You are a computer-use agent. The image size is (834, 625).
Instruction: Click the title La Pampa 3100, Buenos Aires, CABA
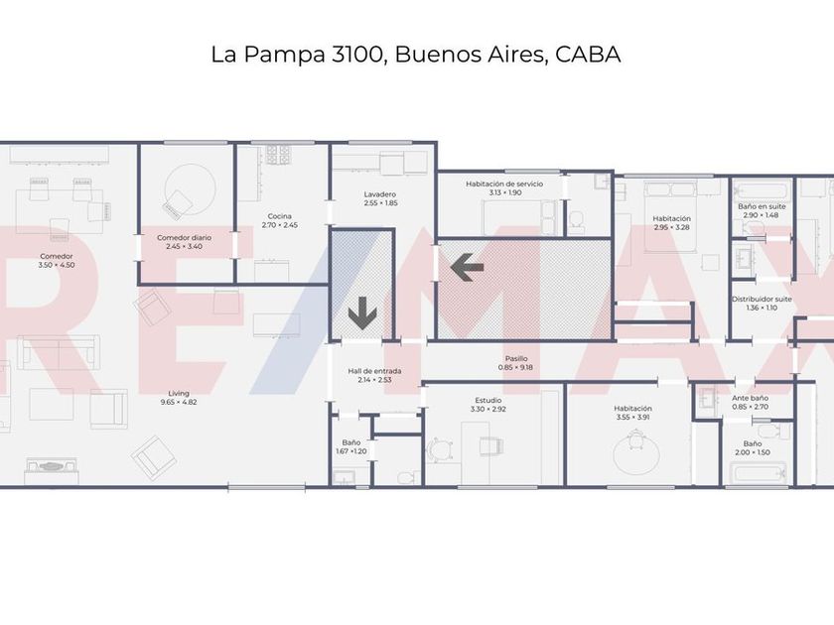click(415, 54)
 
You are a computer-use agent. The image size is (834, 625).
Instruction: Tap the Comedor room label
click(56, 255)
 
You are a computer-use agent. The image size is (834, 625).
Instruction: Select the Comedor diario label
click(184, 238)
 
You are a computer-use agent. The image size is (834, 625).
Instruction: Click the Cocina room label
click(279, 216)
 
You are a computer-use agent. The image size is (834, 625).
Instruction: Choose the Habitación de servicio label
click(504, 184)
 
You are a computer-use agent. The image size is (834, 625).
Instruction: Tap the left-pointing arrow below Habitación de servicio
click(467, 266)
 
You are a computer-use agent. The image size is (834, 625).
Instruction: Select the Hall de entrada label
click(374, 371)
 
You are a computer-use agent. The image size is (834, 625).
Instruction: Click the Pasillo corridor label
click(516, 358)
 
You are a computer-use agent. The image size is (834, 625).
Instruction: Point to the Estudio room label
click(487, 400)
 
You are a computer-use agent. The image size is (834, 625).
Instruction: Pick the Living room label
click(179, 393)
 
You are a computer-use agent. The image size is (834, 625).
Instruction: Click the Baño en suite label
click(762, 206)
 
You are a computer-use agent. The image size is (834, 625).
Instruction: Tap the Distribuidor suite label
click(762, 299)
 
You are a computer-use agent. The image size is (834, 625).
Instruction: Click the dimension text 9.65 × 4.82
click(179, 402)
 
